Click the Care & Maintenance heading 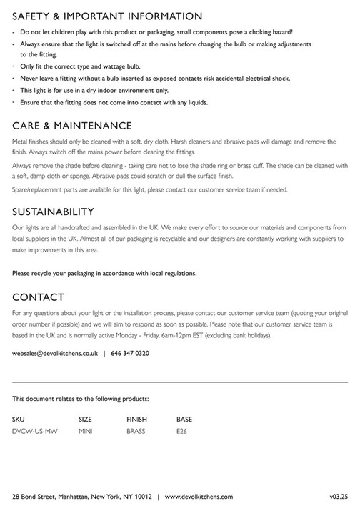coord(72,126)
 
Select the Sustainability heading coord(64,212)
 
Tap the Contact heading coord(39,297)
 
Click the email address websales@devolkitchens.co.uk coord(54,353)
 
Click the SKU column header coord(19,419)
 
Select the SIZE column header coord(85,419)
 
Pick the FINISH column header coord(137,419)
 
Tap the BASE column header coord(184,419)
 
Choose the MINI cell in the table coord(86,432)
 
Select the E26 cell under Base coord(182,432)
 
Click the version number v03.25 coord(339,496)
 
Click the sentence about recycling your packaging coord(104,273)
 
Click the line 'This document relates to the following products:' coord(81,398)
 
